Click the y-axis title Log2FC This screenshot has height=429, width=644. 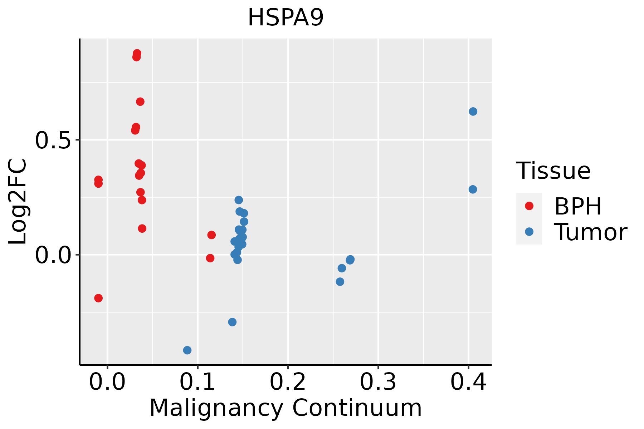pos(18,202)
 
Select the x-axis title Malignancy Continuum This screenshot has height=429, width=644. pos(286,408)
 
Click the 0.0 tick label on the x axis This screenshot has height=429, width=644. pos(107,382)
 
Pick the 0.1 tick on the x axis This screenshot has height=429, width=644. pos(197,382)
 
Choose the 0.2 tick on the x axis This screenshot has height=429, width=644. pos(288,382)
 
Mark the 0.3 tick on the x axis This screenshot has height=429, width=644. pos(378,382)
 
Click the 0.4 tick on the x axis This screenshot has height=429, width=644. pos(468,382)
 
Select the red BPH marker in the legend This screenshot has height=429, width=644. pos(529,206)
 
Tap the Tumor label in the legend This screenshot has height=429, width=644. pos(590,232)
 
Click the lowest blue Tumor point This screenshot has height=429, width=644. pos(187,350)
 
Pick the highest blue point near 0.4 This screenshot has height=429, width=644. pos(473,112)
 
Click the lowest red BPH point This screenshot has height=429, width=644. pos(98,298)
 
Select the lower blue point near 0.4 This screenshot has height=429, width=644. pos(473,189)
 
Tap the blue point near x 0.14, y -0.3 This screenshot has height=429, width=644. pos(232,322)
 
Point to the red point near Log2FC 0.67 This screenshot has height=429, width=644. pos(140,102)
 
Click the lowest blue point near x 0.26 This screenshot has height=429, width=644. pos(340,282)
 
